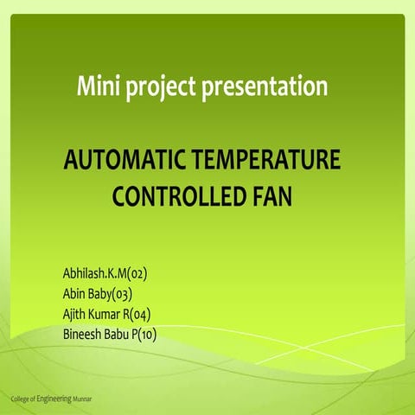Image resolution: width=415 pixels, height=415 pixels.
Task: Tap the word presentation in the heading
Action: (264, 86)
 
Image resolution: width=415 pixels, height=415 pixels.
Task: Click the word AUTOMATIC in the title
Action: (124, 162)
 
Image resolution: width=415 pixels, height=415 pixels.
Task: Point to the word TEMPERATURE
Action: (265, 162)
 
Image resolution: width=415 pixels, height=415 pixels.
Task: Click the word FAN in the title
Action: (270, 196)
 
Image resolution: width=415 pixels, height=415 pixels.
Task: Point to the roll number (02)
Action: (137, 274)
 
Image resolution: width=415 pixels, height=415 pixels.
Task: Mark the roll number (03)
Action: (121, 294)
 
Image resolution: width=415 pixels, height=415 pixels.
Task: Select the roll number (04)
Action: (139, 314)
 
